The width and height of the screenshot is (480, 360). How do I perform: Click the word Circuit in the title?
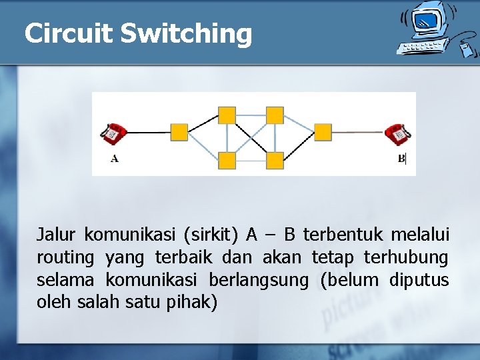(x=68, y=33)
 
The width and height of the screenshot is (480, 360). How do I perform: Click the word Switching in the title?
(x=186, y=34)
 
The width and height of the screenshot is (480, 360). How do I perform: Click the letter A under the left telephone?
(x=115, y=159)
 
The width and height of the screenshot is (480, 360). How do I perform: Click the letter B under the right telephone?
(x=401, y=159)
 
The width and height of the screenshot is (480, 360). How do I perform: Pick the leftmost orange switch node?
(x=179, y=132)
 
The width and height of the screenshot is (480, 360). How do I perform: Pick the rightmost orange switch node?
(x=323, y=132)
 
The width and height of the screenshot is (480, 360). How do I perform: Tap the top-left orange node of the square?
(x=227, y=115)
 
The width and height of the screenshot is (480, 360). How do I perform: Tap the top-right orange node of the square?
(x=275, y=115)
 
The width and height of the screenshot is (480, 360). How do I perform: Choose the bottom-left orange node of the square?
(x=227, y=160)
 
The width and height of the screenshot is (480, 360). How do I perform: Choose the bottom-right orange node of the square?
(x=275, y=160)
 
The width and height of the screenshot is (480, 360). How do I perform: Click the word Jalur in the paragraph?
(x=57, y=235)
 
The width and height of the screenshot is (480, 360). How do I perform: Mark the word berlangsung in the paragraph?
(x=259, y=280)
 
